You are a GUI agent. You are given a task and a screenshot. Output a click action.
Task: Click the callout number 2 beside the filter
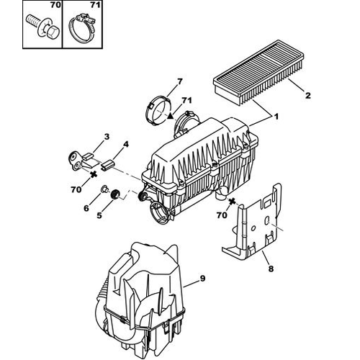pos(307,95)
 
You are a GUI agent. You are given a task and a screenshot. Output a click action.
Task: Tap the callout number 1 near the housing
pos(276,117)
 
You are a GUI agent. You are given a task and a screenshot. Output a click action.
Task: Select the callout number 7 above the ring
pos(180,81)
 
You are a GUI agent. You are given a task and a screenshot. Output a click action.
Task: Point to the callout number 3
pos(107,137)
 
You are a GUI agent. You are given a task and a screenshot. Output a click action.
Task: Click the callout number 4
pos(126,144)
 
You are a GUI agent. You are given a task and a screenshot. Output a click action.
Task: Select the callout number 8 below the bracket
pos(271,269)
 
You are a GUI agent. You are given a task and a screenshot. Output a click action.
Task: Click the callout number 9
pos(202,279)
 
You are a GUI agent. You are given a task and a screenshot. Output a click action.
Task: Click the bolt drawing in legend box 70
pos(41,27)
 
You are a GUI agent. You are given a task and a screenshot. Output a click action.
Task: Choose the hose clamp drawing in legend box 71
pos(81,27)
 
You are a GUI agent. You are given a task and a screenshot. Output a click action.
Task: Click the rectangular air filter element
pos(258,73)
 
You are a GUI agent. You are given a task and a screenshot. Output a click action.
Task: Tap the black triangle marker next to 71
pos(170,116)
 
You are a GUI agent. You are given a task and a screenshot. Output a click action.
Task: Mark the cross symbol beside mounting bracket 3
pos(94,174)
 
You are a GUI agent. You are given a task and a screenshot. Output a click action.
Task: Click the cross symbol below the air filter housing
pos(232,202)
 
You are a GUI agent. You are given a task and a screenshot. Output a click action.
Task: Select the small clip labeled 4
pos(108,164)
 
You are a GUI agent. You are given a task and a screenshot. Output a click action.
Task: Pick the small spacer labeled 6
pos(104,189)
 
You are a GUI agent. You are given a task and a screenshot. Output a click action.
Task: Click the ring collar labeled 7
pos(158,110)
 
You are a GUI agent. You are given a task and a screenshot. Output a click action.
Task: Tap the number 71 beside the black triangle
pos(186,100)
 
